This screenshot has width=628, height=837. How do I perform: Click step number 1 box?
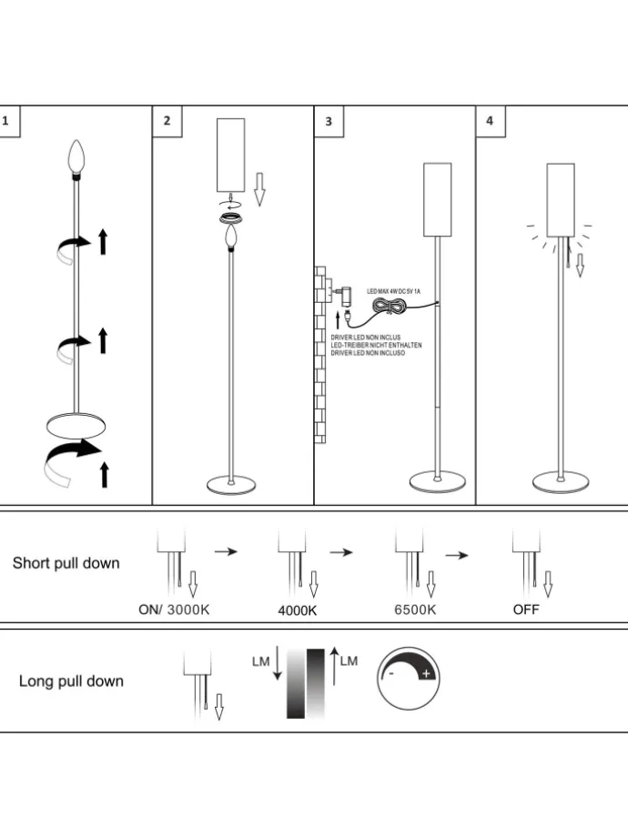(x=7, y=120)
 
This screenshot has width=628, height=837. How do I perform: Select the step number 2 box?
(x=167, y=120)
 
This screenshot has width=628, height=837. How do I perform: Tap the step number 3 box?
(x=329, y=120)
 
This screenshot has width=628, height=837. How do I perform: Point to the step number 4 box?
(x=491, y=120)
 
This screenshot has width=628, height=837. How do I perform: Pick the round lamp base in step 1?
(x=77, y=425)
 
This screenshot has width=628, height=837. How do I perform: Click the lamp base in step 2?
(x=231, y=484)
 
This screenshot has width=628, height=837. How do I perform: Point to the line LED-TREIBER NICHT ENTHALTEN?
(x=376, y=345)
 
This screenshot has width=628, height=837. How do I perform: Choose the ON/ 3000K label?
(x=174, y=610)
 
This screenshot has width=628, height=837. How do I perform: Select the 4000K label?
(x=298, y=610)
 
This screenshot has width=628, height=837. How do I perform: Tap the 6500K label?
(x=415, y=610)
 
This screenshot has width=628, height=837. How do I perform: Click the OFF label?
(x=526, y=610)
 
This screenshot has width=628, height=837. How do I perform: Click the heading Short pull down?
(x=66, y=563)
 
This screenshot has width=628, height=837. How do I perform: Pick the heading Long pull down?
(x=71, y=681)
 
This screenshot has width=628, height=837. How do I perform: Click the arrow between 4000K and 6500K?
(x=340, y=552)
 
